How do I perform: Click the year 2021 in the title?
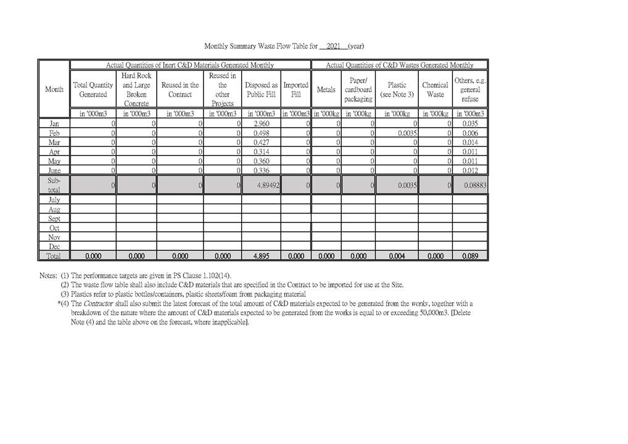(x=333, y=46)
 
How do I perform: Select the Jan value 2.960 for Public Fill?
(x=263, y=124)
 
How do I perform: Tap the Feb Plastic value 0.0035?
(x=408, y=133)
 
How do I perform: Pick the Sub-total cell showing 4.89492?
(x=266, y=184)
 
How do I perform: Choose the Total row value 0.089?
(x=469, y=255)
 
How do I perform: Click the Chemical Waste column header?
(x=435, y=89)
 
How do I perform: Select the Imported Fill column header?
(x=295, y=89)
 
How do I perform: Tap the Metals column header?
(x=326, y=89)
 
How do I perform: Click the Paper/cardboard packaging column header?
(x=358, y=89)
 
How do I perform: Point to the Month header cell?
(x=54, y=89)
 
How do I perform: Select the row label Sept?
(x=54, y=219)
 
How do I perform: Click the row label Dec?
(x=54, y=247)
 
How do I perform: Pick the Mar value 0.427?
(x=263, y=142)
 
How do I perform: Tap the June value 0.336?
(x=263, y=170)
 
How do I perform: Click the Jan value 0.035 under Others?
(x=470, y=124)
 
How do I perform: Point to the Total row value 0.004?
(x=397, y=255)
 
